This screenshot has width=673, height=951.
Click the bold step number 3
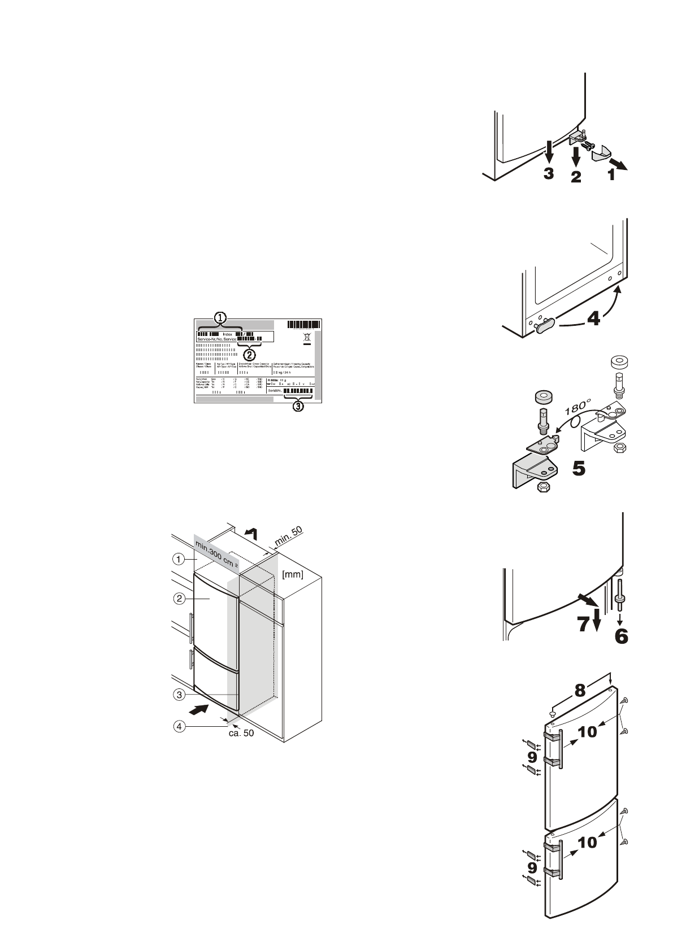[x=549, y=173]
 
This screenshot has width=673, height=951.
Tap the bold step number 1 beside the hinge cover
[x=610, y=175]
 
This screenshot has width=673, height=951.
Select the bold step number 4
[x=593, y=320]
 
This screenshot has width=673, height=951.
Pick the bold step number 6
[x=620, y=637]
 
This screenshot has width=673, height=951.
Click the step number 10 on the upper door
[x=588, y=732]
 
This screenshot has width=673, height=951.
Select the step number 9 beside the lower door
[x=532, y=866]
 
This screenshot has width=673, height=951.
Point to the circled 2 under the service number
[x=249, y=355]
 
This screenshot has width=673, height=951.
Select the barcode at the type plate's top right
[x=304, y=324]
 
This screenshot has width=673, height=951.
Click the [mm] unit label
[x=293, y=575]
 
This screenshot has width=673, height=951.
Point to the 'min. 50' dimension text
[x=289, y=536]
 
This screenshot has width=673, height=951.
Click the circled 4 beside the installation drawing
[x=178, y=727]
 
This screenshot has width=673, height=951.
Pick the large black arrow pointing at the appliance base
[x=203, y=709]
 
